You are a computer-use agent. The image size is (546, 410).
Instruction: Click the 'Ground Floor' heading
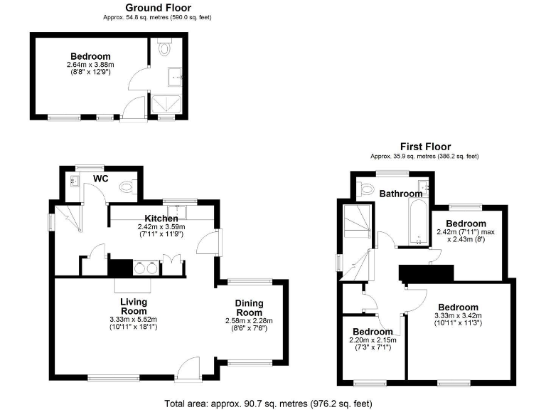click(x=156, y=7)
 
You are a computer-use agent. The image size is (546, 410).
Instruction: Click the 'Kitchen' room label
click(x=161, y=218)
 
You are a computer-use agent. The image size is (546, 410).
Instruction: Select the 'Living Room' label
click(x=134, y=306)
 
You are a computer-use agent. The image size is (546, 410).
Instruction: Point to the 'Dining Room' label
click(x=250, y=307)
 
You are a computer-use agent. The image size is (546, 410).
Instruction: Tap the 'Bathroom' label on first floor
click(x=400, y=194)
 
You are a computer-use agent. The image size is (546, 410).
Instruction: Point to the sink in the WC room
click(x=75, y=182)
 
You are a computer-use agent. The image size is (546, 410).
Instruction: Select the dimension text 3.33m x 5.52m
click(x=133, y=320)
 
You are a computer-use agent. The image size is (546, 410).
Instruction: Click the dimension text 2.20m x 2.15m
click(x=373, y=341)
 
